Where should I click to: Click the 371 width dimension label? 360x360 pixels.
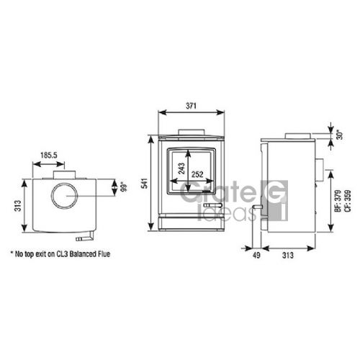191,106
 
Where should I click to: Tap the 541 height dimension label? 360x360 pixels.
145,183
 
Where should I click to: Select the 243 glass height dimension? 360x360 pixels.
181,168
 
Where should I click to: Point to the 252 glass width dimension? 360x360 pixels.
197,174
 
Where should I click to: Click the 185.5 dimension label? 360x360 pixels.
49,156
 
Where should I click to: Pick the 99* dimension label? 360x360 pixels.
123,187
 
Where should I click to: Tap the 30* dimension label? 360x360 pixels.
340,135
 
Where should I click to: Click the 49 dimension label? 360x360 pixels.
256,255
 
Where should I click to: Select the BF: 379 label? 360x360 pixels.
338,201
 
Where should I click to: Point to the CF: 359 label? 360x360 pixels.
348,201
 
